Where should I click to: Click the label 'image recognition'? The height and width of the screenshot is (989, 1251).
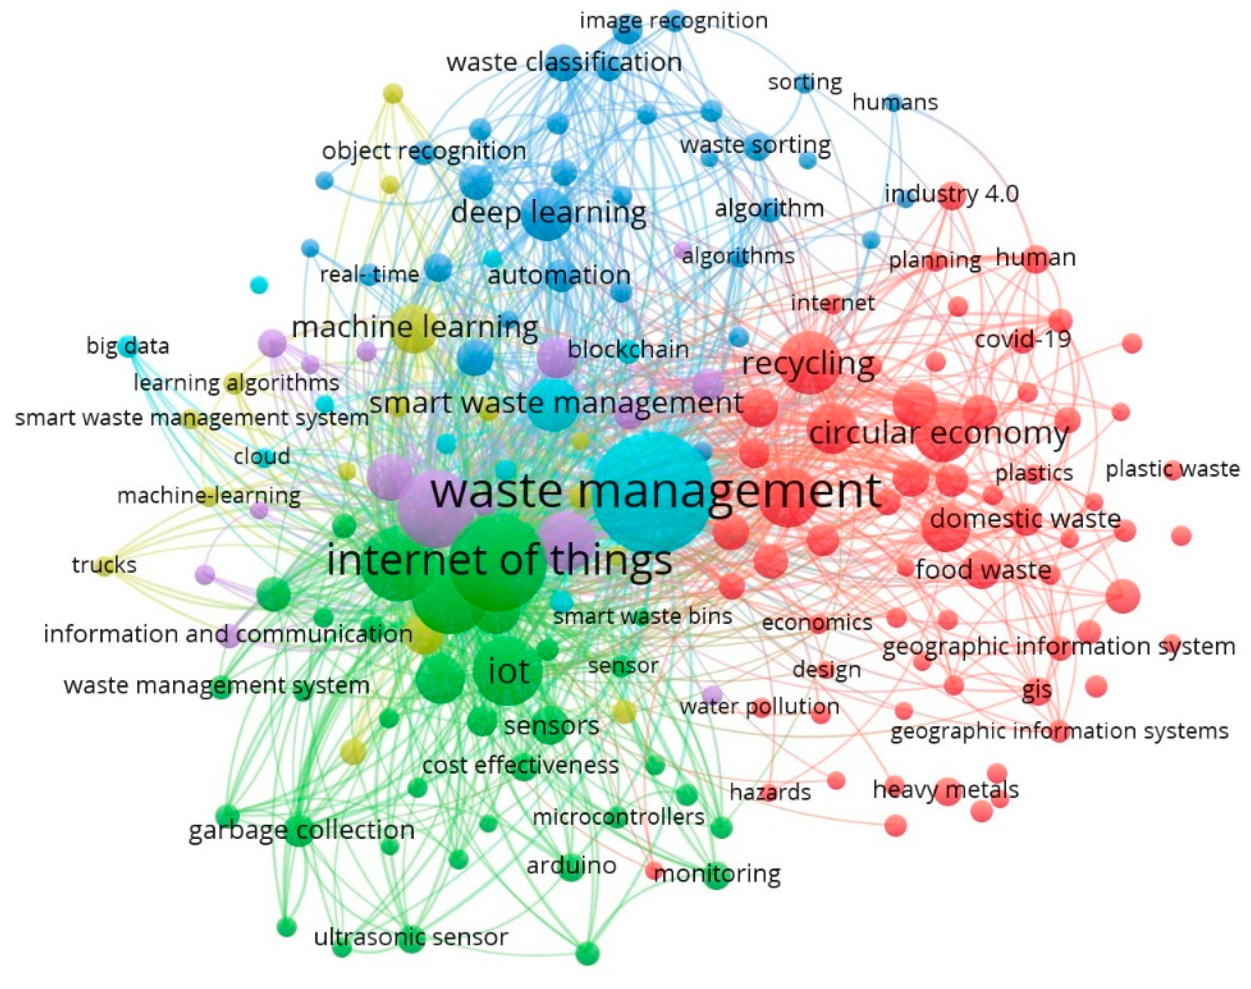pos(673,21)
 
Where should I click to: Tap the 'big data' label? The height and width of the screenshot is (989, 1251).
pos(128,346)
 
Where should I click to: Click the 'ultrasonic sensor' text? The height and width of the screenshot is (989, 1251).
pos(410,937)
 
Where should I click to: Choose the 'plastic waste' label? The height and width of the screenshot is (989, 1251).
pos(1172,469)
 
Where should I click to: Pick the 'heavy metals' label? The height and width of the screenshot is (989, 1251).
pos(945,789)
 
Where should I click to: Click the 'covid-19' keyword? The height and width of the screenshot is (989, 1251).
pos(1023,339)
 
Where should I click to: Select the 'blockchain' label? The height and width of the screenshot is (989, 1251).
pos(628,349)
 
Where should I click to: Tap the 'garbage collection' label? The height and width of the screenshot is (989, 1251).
pos(302,830)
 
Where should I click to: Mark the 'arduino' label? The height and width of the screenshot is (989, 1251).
pos(571,866)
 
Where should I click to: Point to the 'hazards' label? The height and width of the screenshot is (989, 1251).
pos(770,792)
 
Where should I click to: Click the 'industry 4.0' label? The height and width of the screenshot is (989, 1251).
pos(951,194)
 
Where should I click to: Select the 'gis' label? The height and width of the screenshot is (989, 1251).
pos(1036,690)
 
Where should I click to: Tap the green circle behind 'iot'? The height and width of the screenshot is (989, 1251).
pos(508,670)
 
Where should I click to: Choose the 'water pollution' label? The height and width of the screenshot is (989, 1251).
pos(759,707)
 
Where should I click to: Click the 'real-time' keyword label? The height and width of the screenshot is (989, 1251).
pos(369,274)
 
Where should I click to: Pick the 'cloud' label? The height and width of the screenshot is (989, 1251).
pos(262,456)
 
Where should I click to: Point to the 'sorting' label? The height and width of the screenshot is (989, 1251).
pos(804,82)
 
